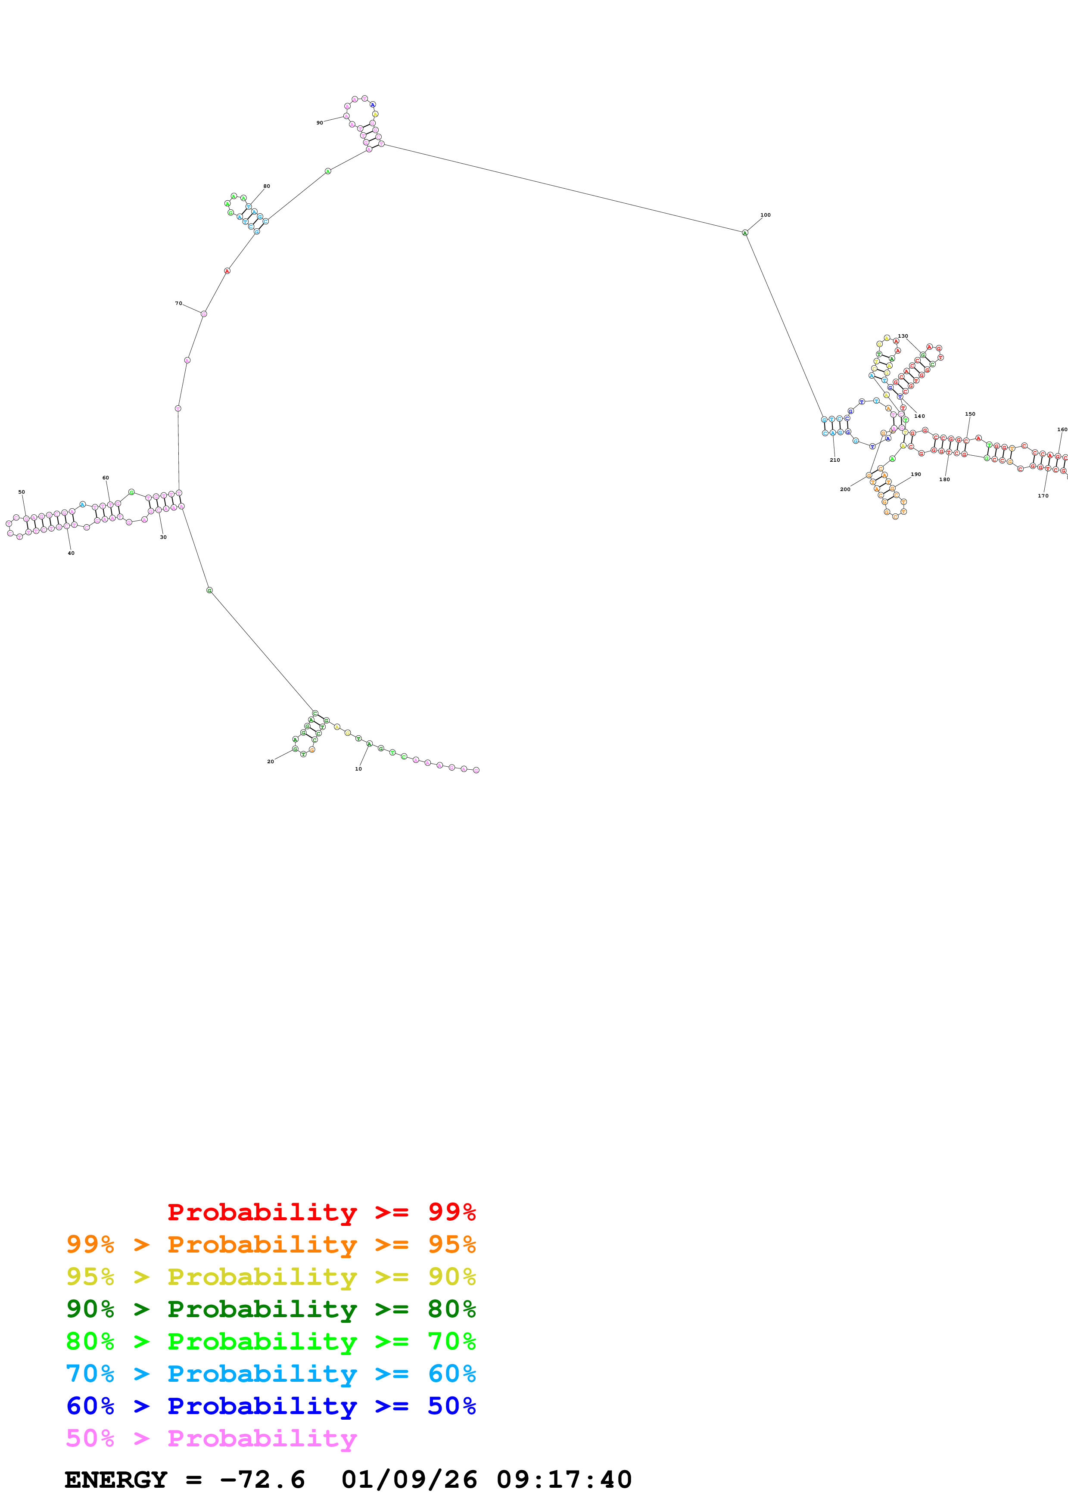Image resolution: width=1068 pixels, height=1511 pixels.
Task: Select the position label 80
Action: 267,186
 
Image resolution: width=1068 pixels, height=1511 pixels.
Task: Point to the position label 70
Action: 178,303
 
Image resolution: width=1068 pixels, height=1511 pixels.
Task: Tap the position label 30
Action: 163,537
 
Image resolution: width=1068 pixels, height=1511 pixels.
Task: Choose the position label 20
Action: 271,762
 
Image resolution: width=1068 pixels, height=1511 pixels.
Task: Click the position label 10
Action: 358,769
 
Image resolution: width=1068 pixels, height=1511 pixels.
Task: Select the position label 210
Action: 834,460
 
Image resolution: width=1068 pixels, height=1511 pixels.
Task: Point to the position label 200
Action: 845,489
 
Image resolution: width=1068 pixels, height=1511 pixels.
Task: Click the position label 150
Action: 970,414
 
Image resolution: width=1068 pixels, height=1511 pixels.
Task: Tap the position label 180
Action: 944,479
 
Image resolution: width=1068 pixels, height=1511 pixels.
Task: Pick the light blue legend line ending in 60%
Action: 271,1374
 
